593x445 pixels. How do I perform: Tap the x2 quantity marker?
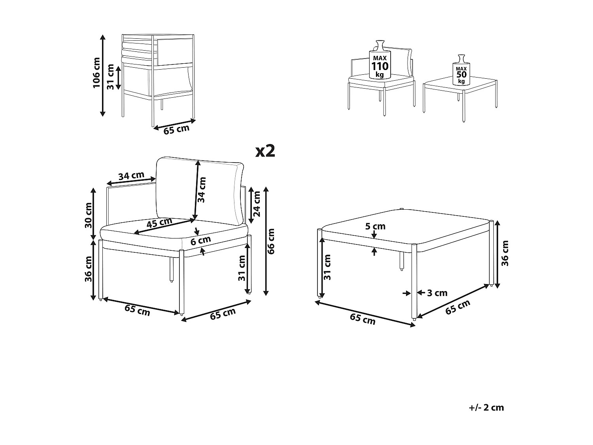point(265,151)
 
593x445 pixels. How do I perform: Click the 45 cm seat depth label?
point(159,223)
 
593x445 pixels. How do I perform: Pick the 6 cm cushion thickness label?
point(200,240)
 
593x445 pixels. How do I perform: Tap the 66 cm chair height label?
point(271,241)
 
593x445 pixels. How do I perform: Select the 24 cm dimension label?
point(257,204)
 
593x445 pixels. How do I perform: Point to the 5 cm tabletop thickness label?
point(375,227)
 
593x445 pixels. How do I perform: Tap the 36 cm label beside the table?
point(505,253)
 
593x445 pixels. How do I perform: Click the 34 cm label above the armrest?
point(131,176)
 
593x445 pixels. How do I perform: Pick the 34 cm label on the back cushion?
point(202,190)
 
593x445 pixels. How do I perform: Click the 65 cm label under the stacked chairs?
point(176,129)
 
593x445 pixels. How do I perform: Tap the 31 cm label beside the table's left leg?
point(327,267)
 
